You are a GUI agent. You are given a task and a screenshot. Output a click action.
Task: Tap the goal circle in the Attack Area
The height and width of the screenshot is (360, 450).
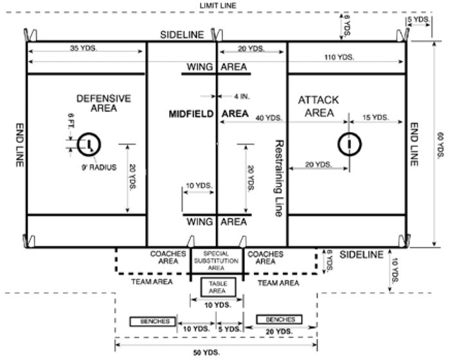349,144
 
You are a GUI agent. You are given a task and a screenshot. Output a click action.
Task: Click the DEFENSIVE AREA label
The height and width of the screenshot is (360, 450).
104,103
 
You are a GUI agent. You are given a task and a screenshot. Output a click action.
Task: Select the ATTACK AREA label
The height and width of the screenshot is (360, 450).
318,107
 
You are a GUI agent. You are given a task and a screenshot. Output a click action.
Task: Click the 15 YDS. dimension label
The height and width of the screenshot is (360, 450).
376,117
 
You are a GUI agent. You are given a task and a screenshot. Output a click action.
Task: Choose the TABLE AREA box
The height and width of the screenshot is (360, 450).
219,286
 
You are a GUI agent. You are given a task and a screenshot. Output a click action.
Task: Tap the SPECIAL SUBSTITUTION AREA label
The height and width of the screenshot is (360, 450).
217,260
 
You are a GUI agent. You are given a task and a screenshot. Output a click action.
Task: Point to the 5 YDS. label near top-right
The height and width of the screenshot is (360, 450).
417,21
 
